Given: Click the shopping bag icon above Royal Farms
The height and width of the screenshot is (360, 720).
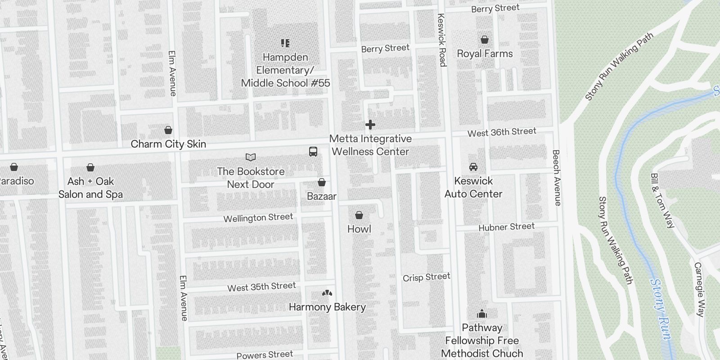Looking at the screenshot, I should pyautogui.click(x=485, y=40).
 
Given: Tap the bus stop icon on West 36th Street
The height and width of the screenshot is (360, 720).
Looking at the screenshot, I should pyautogui.click(x=313, y=152).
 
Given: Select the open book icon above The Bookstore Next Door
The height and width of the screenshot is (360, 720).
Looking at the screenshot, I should pyautogui.click(x=251, y=157).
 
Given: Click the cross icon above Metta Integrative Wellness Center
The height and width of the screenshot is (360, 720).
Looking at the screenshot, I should pyautogui.click(x=370, y=125).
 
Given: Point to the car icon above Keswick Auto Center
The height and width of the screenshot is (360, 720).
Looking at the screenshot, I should pyautogui.click(x=473, y=167).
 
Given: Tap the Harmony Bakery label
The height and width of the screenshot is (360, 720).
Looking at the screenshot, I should pyautogui.click(x=327, y=307).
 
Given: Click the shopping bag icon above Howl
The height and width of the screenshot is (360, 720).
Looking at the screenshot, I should pyautogui.click(x=359, y=215).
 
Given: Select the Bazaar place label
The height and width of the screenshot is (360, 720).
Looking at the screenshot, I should pyautogui.click(x=322, y=196).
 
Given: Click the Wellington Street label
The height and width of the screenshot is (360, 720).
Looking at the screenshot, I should pyautogui.click(x=258, y=218).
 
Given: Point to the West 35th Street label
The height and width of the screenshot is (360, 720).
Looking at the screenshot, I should pyautogui.click(x=261, y=287).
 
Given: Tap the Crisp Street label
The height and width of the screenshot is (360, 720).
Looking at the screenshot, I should pyautogui.click(x=426, y=277).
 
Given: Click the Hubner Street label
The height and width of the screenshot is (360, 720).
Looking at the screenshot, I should pyautogui.click(x=506, y=227).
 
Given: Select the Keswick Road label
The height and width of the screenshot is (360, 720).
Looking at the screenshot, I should pyautogui.click(x=441, y=40).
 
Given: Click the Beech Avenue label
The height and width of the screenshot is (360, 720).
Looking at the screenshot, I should pyautogui.click(x=557, y=178).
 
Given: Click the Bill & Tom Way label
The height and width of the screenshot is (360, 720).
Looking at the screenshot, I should pyautogui.click(x=662, y=200).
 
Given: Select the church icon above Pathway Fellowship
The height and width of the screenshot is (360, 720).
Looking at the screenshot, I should pyautogui.click(x=482, y=314).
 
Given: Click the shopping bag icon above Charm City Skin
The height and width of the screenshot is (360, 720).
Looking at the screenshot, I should pyautogui.click(x=168, y=130).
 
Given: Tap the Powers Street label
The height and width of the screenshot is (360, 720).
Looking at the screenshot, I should pyautogui.click(x=265, y=355).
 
